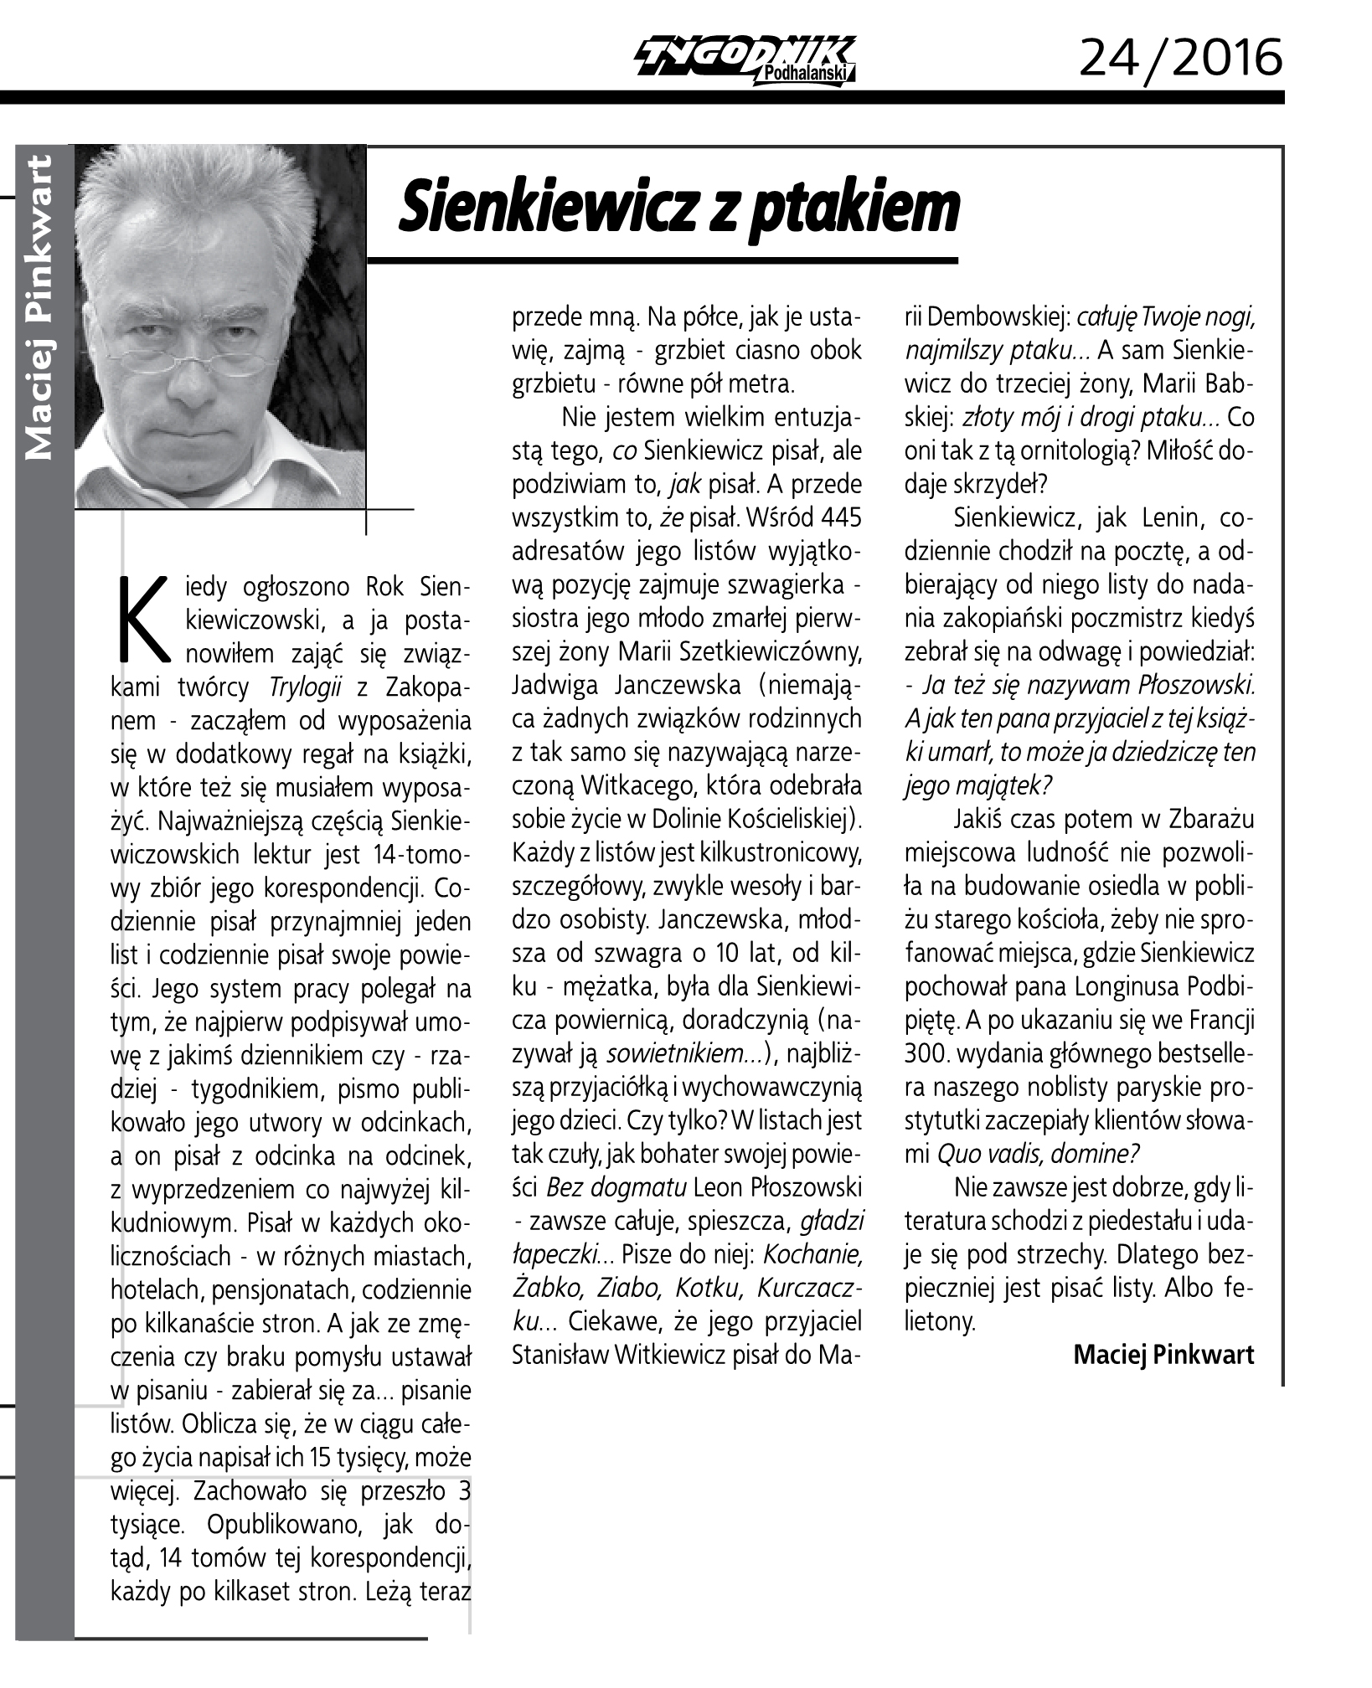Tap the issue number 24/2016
1180,58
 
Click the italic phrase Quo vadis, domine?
1038,1154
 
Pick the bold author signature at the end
1163,1354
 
